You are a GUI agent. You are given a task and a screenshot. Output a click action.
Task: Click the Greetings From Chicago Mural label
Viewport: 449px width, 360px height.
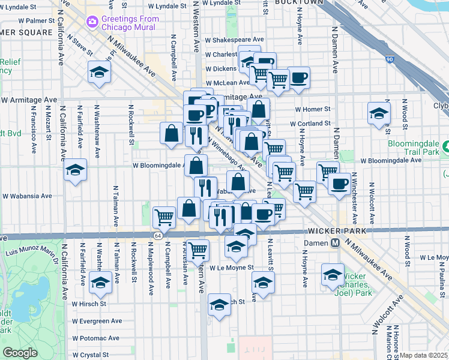[130, 23]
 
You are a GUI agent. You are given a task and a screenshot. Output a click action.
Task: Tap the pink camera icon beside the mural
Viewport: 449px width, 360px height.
[92, 22]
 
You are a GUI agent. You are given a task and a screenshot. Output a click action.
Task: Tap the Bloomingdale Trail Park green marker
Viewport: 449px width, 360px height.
[447, 147]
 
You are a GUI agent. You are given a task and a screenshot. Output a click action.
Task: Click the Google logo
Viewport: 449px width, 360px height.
[20, 353]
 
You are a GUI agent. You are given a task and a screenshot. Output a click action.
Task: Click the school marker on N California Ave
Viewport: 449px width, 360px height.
[76, 169]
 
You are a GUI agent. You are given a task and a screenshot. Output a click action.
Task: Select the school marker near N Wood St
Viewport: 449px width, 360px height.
[378, 113]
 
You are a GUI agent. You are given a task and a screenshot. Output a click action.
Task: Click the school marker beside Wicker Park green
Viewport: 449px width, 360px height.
[332, 274]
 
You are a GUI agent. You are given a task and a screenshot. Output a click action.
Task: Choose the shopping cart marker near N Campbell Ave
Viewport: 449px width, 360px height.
[164, 217]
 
